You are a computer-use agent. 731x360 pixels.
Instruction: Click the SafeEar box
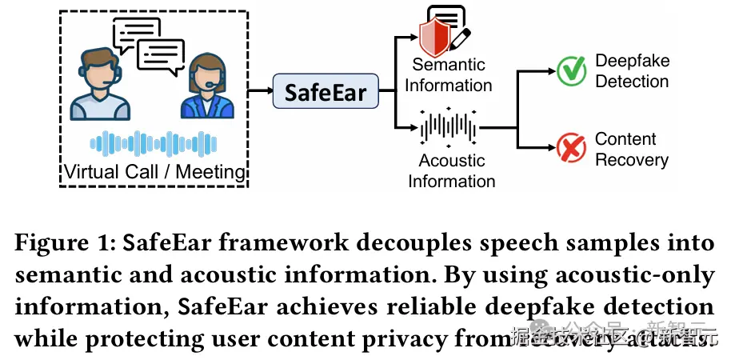click(x=326, y=92)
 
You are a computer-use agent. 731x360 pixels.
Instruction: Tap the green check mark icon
click(x=571, y=70)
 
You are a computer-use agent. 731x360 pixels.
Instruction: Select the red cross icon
click(x=571, y=148)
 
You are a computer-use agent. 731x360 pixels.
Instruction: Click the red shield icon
click(x=434, y=35)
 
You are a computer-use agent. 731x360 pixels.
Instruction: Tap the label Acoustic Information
click(x=451, y=171)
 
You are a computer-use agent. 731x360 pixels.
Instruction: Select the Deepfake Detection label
click(x=632, y=71)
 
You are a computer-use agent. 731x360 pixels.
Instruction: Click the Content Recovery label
click(x=632, y=149)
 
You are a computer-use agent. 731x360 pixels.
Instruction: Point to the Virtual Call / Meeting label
click(x=155, y=171)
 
